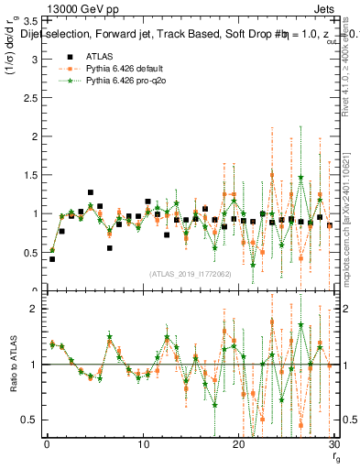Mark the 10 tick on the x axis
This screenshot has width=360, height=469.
click(x=143, y=445)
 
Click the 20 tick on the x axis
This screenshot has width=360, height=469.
click(x=238, y=445)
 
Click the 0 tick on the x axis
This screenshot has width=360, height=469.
click(x=47, y=445)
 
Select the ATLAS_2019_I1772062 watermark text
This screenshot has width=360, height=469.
click(x=190, y=274)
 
